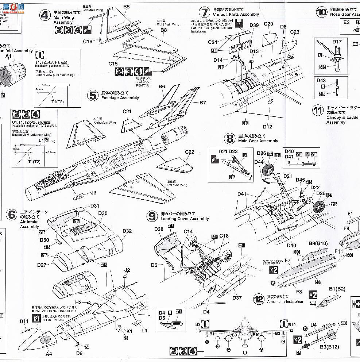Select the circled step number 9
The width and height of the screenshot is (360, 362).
click(x=152, y=216)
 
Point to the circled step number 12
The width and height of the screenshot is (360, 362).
click(x=259, y=299)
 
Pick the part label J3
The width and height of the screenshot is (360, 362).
click(x=93, y=193)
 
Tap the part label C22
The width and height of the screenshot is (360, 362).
click(x=190, y=152)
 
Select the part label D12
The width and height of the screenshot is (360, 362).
click(x=267, y=127)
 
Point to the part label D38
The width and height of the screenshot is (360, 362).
click(x=159, y=229)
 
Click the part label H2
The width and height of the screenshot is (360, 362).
click(x=78, y=302)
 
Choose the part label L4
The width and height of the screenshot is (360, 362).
click(x=144, y=330)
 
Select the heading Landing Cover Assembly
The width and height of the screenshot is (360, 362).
click(x=185, y=219)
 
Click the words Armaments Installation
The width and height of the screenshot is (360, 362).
click(x=285, y=301)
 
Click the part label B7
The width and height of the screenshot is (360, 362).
click(x=203, y=103)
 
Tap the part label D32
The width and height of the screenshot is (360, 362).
click(x=127, y=231)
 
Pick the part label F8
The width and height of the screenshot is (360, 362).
click(x=299, y=292)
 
